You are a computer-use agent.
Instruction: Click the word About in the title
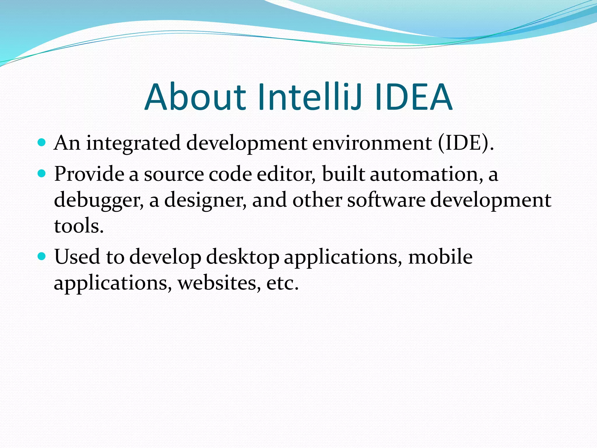(195, 97)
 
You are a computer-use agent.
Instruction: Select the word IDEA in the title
(414, 97)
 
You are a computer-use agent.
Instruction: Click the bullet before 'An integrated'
(42, 143)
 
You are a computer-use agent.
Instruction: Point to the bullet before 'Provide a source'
(42, 174)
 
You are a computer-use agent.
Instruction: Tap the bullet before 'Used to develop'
(42, 256)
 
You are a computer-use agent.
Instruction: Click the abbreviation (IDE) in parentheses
(463, 143)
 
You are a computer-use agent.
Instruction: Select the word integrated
(133, 144)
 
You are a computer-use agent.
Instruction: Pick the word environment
(372, 143)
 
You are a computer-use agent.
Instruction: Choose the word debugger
(99, 201)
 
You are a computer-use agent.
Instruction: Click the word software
(386, 200)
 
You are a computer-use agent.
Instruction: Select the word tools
(79, 226)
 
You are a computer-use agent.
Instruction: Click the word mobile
(440, 257)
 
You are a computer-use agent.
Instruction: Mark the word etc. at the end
(282, 283)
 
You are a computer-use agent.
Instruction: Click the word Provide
(89, 174)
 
